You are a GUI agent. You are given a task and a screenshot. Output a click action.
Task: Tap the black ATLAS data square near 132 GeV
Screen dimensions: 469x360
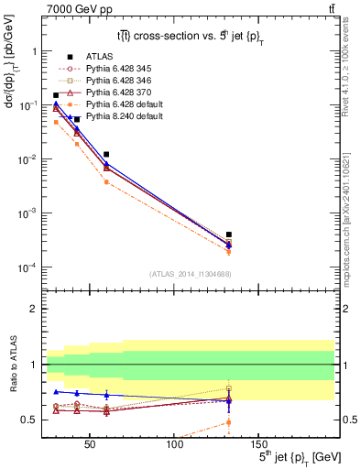tap(228, 234)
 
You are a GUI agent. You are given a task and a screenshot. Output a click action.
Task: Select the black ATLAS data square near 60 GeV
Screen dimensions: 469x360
tap(107, 154)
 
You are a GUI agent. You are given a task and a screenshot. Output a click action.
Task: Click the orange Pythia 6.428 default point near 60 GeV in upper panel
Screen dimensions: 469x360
tap(107, 181)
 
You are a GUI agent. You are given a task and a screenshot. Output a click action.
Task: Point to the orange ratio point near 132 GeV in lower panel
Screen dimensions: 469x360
tap(228, 422)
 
